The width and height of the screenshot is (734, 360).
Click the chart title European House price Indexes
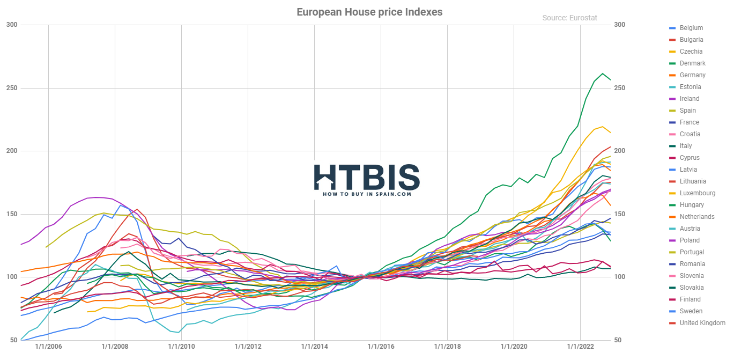click(x=369, y=12)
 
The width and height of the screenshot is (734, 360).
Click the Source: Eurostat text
click(x=569, y=18)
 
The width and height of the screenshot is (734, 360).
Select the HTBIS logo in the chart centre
click(x=367, y=178)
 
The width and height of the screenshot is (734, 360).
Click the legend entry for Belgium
click(x=691, y=28)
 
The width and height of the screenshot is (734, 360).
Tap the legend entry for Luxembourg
click(x=697, y=193)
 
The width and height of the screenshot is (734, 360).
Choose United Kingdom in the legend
click(x=702, y=323)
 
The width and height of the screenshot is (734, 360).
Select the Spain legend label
click(x=687, y=111)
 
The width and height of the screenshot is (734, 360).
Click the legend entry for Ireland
click(x=689, y=99)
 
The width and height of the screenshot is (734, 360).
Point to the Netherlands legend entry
click(x=696, y=217)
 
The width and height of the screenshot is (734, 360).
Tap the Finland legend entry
click(x=690, y=299)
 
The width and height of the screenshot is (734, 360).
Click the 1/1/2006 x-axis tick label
click(x=48, y=347)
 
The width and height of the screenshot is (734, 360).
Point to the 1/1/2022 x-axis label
click(x=580, y=347)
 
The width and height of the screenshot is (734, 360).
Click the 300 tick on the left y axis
click(x=12, y=25)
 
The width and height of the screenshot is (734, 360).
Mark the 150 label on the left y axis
click(x=12, y=214)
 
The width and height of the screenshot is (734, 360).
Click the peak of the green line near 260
click(x=603, y=74)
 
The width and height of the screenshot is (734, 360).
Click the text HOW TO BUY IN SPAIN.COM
click(x=367, y=194)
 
